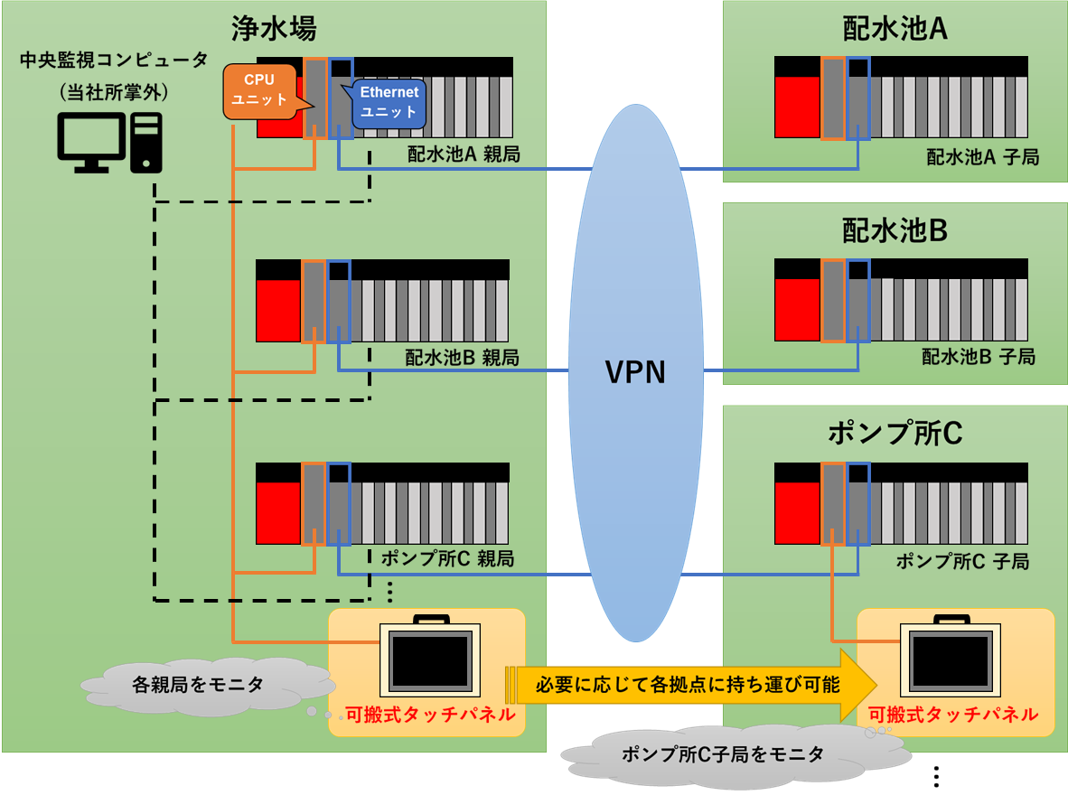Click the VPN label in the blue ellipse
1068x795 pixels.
(635, 371)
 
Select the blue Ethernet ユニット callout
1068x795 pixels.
(389, 102)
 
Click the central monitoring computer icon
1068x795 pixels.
(109, 143)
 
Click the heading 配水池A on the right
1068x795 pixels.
(895, 29)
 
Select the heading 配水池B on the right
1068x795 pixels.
(895, 231)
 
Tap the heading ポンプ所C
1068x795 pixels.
(895, 434)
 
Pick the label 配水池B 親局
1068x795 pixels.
(463, 358)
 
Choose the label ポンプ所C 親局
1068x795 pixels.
(447, 558)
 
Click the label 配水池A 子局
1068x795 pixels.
(982, 157)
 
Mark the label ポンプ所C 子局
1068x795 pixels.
(962, 561)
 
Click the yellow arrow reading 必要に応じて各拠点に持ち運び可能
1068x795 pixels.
(687, 685)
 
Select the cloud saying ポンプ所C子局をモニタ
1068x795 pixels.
(723, 753)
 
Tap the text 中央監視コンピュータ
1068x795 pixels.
(114, 61)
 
